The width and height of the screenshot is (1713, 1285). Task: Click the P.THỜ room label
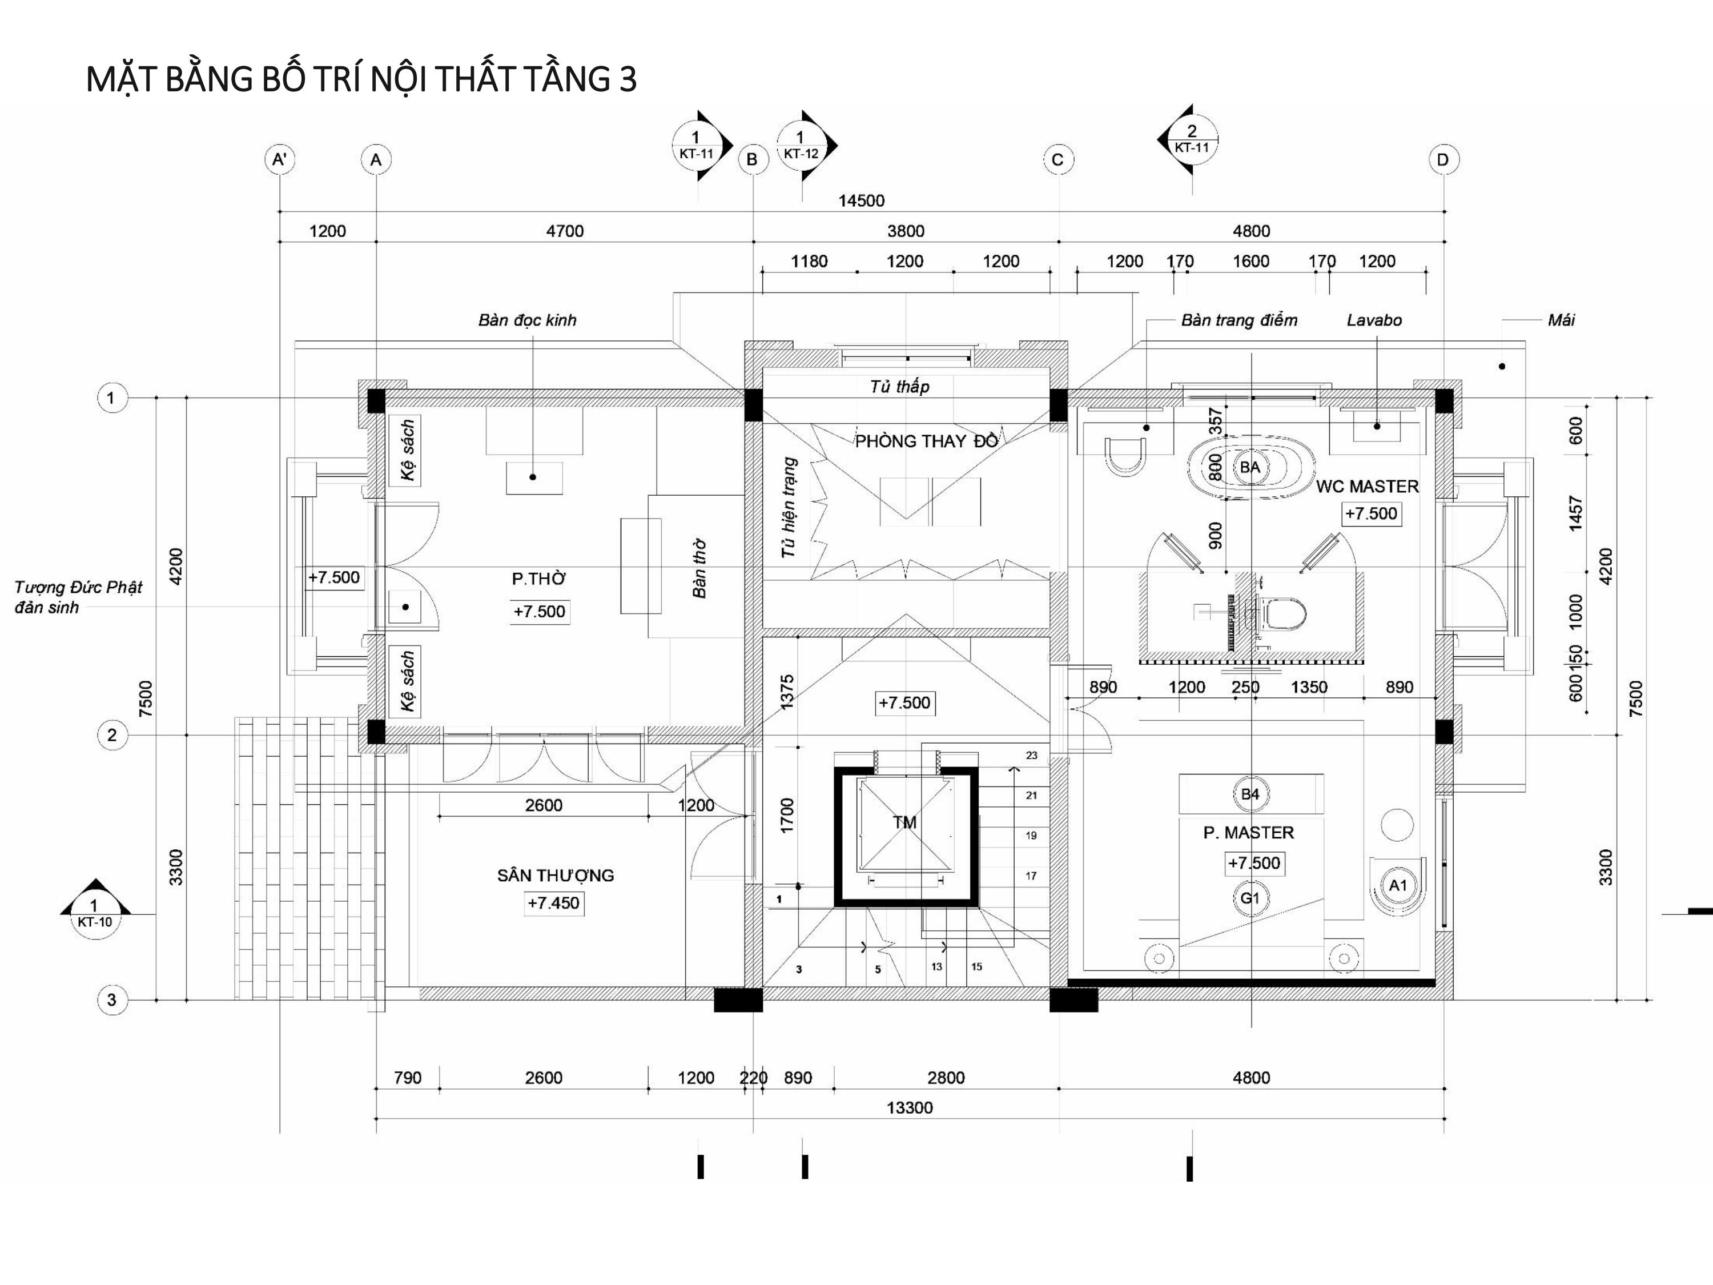click(538, 579)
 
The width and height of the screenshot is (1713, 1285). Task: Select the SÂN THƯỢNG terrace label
click(555, 876)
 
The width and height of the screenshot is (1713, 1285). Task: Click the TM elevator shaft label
click(904, 822)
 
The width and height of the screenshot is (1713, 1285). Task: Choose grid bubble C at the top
click(1058, 160)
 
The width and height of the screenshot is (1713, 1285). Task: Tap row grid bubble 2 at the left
click(111, 735)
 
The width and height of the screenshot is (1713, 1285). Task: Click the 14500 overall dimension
click(861, 200)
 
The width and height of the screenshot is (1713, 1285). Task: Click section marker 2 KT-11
click(1191, 139)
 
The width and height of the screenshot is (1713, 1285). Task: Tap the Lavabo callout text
click(1374, 320)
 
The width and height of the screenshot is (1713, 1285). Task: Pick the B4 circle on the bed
click(1250, 794)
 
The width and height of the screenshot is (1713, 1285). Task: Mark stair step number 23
click(1032, 755)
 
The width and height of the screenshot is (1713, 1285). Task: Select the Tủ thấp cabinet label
click(899, 387)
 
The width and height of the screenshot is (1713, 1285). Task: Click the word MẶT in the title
click(123, 80)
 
